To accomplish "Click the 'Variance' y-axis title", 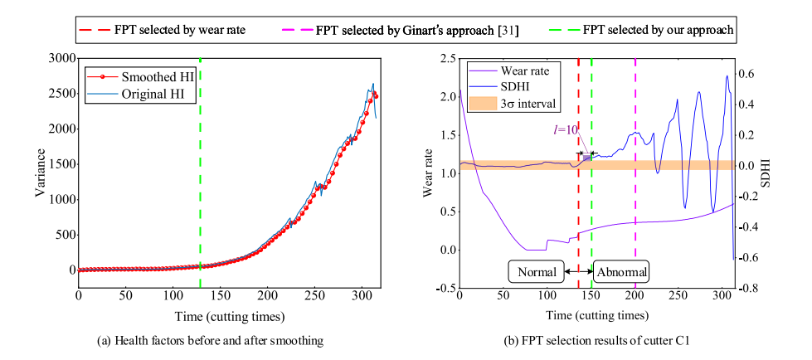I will pos(38,173).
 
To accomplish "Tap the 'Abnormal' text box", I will pos(621,271).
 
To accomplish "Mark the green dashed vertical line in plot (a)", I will pos(200,166).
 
